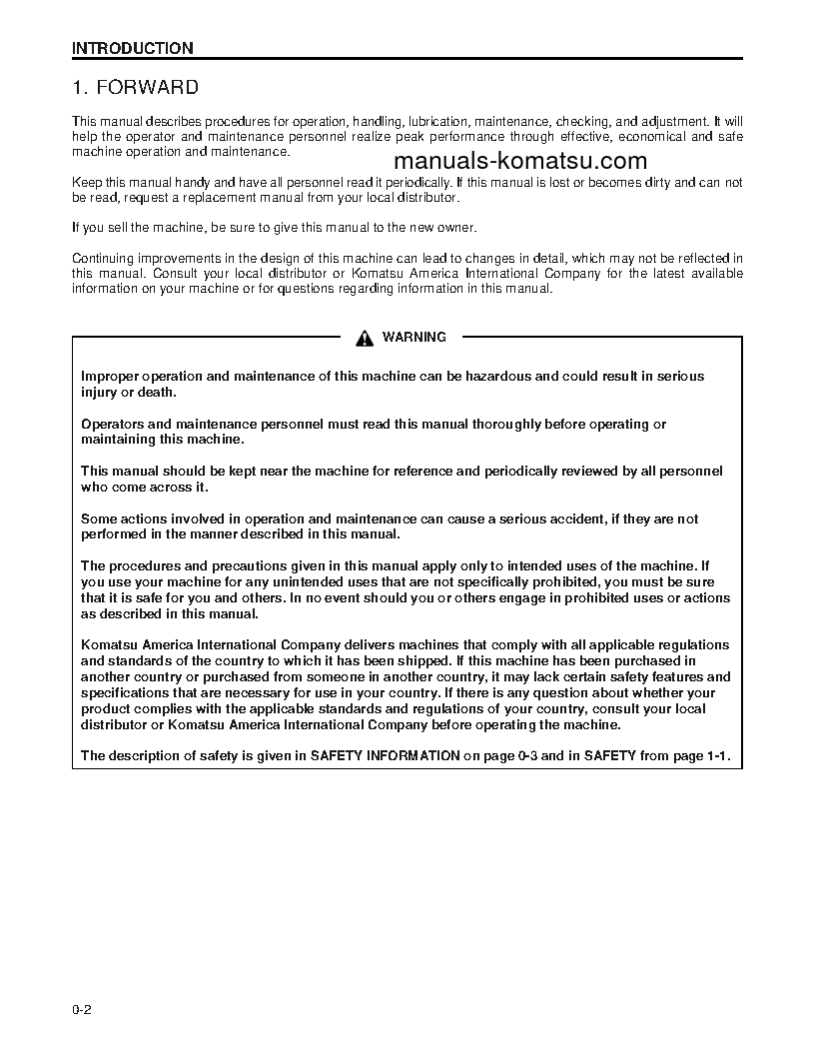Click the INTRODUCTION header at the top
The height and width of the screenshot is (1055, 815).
[133, 48]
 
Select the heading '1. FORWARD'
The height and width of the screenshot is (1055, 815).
[135, 88]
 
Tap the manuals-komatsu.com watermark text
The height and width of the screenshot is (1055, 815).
[520, 162]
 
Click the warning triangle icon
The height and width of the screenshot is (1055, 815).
[366, 338]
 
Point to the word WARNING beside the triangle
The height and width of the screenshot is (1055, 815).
[414, 338]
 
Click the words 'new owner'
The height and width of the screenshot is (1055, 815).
[444, 228]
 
